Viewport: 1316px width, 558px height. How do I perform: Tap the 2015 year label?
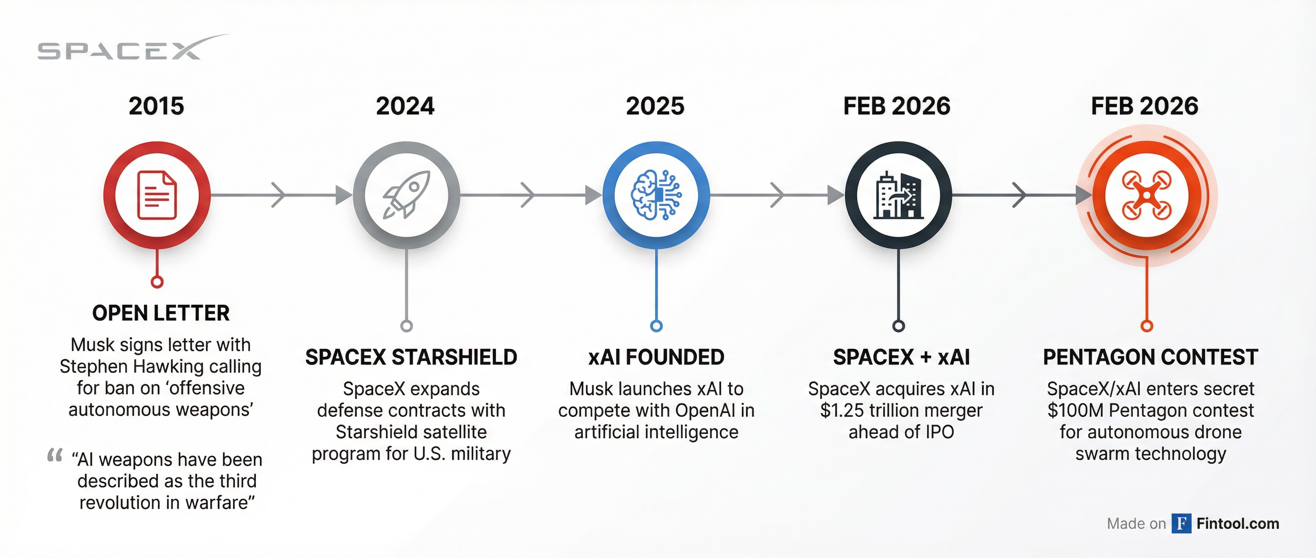[156, 106]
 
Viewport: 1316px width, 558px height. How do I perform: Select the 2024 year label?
[405, 106]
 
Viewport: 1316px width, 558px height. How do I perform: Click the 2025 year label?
[655, 106]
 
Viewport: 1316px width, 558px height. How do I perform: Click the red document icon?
[157, 196]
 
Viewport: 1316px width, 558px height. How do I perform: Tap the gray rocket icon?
[407, 195]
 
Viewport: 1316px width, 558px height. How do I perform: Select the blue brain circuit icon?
[656, 195]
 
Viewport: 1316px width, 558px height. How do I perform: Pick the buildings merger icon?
[898, 195]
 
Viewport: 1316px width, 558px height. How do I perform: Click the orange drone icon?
[1147, 196]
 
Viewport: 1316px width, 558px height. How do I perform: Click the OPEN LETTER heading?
[161, 313]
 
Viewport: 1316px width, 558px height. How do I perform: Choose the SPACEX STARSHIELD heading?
[411, 357]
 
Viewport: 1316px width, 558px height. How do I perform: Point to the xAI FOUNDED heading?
[656, 357]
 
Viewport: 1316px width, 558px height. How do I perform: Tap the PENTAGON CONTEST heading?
[1151, 357]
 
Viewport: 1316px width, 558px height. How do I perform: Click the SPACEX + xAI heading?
[901, 357]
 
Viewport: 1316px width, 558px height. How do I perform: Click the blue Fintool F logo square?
[1181, 523]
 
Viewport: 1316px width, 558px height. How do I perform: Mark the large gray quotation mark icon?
[55, 455]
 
